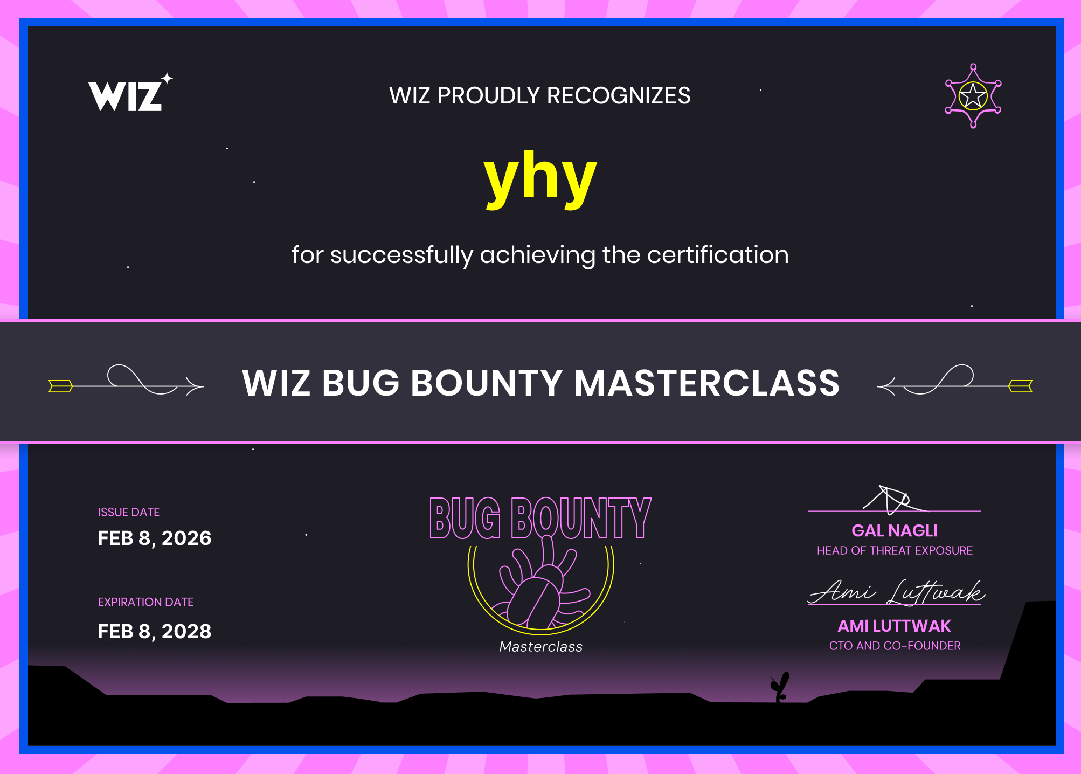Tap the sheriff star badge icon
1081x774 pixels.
pos(973,96)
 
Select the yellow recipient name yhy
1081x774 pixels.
pos(540,179)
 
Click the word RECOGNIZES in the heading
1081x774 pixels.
pos(618,95)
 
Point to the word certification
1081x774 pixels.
pos(718,254)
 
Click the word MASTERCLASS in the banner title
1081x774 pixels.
pos(706,383)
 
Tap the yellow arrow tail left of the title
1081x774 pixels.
pos(60,386)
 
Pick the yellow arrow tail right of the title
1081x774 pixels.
pos(1020,386)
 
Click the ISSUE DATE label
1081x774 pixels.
pos(129,512)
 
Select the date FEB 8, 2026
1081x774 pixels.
pos(155,538)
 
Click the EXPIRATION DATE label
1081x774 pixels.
pos(145,602)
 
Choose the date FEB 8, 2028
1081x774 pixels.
pos(155,631)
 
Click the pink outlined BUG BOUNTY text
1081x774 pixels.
pos(540,518)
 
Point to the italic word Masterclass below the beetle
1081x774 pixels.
pos(541,646)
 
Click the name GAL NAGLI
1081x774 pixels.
pos(895,531)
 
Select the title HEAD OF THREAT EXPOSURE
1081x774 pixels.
pos(895,550)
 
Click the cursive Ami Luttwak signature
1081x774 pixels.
pos(896,592)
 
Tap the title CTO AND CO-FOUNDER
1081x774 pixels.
pos(895,646)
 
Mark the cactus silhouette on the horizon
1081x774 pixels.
pos(780,687)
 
